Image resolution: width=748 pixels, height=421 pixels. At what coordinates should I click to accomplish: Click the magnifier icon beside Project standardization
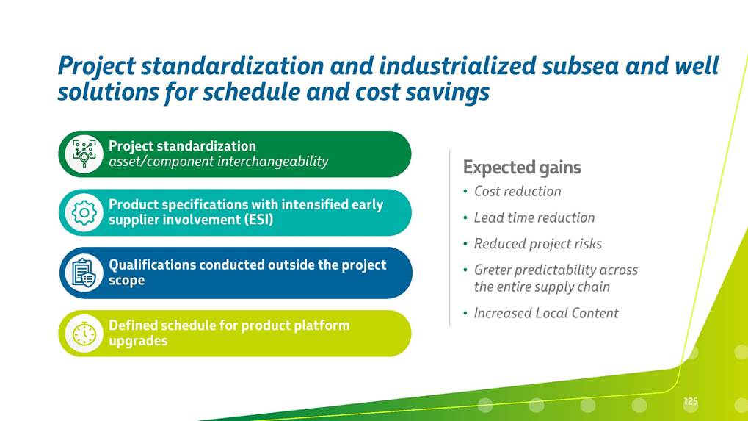click(x=84, y=154)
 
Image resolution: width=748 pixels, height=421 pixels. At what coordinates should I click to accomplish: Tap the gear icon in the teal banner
click(x=84, y=212)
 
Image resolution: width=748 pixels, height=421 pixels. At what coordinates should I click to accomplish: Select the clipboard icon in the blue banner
click(x=84, y=273)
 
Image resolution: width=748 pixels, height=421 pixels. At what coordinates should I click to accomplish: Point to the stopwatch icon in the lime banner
click(x=84, y=334)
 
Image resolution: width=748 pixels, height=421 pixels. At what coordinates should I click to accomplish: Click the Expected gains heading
click(x=522, y=168)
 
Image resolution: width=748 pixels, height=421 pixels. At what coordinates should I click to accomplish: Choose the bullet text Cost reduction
click(x=517, y=191)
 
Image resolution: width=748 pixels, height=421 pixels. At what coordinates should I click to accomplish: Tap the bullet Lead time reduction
click(x=534, y=217)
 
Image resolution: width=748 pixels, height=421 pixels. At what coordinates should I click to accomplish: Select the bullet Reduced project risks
click(x=537, y=244)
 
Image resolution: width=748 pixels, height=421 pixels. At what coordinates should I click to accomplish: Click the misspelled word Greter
click(x=493, y=270)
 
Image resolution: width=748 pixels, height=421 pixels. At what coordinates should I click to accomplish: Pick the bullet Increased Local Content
click(x=545, y=313)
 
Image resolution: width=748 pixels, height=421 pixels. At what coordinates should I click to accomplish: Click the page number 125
click(x=691, y=401)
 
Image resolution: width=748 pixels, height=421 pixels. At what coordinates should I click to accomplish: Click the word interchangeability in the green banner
click(x=273, y=162)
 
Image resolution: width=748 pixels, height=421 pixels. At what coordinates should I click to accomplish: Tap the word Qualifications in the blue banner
click(x=152, y=265)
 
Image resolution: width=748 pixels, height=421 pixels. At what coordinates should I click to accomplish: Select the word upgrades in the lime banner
click(x=138, y=341)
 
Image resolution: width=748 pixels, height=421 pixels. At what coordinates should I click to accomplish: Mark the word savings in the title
click(x=448, y=92)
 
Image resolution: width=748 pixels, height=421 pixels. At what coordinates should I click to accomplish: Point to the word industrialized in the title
click(x=457, y=65)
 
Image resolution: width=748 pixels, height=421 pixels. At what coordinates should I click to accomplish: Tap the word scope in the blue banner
click(x=126, y=280)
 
